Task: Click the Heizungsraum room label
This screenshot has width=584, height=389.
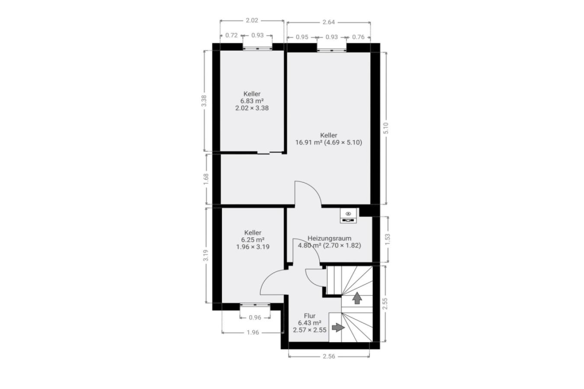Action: [329, 239]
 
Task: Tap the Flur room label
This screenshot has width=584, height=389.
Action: [310, 316]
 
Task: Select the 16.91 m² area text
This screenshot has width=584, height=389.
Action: [309, 143]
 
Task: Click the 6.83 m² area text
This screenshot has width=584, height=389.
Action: [252, 101]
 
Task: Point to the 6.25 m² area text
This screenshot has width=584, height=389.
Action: [253, 240]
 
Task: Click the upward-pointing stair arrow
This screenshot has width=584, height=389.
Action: [357, 298]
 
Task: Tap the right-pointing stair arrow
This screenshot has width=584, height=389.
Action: [338, 327]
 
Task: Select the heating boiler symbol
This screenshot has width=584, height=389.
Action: [348, 216]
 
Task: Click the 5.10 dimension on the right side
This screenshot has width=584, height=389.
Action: [386, 128]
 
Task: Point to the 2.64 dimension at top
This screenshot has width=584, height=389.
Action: [328, 22]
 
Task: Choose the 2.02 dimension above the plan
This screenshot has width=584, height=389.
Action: [252, 20]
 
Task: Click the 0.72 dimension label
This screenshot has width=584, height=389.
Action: [231, 35]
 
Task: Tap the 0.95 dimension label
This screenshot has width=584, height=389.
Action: [302, 37]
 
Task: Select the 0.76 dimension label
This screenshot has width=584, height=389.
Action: [358, 37]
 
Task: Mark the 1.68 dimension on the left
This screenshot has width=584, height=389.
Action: [206, 179]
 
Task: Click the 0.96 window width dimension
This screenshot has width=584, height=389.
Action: [255, 318]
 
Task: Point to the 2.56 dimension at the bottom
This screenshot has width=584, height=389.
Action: [329, 357]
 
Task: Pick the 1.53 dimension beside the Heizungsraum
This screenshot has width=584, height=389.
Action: [388, 239]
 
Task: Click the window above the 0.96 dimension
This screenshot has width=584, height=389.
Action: [255, 304]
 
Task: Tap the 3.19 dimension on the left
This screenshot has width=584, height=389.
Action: [206, 255]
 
